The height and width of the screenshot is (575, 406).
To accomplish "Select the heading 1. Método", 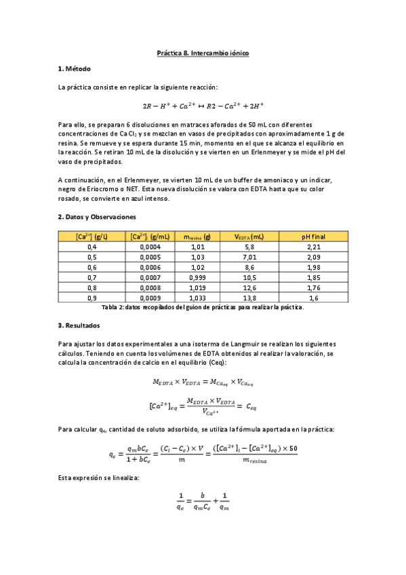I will (75, 69).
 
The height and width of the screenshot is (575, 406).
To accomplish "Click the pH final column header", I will (314, 236).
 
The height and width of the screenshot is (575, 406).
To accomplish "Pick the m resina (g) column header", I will (197, 236).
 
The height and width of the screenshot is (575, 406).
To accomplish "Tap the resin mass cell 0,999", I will (197, 278).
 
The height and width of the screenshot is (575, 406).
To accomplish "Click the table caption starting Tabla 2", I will (203, 307).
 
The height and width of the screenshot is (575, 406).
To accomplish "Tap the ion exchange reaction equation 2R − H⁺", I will (203, 106).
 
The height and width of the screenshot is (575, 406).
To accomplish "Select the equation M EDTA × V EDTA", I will (203, 383).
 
